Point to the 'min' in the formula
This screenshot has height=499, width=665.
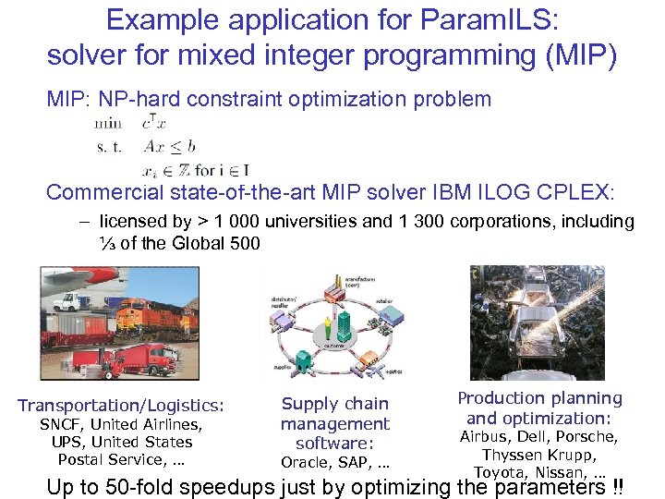pyautogui.click(x=109, y=123)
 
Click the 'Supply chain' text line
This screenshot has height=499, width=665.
pyautogui.click(x=335, y=404)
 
